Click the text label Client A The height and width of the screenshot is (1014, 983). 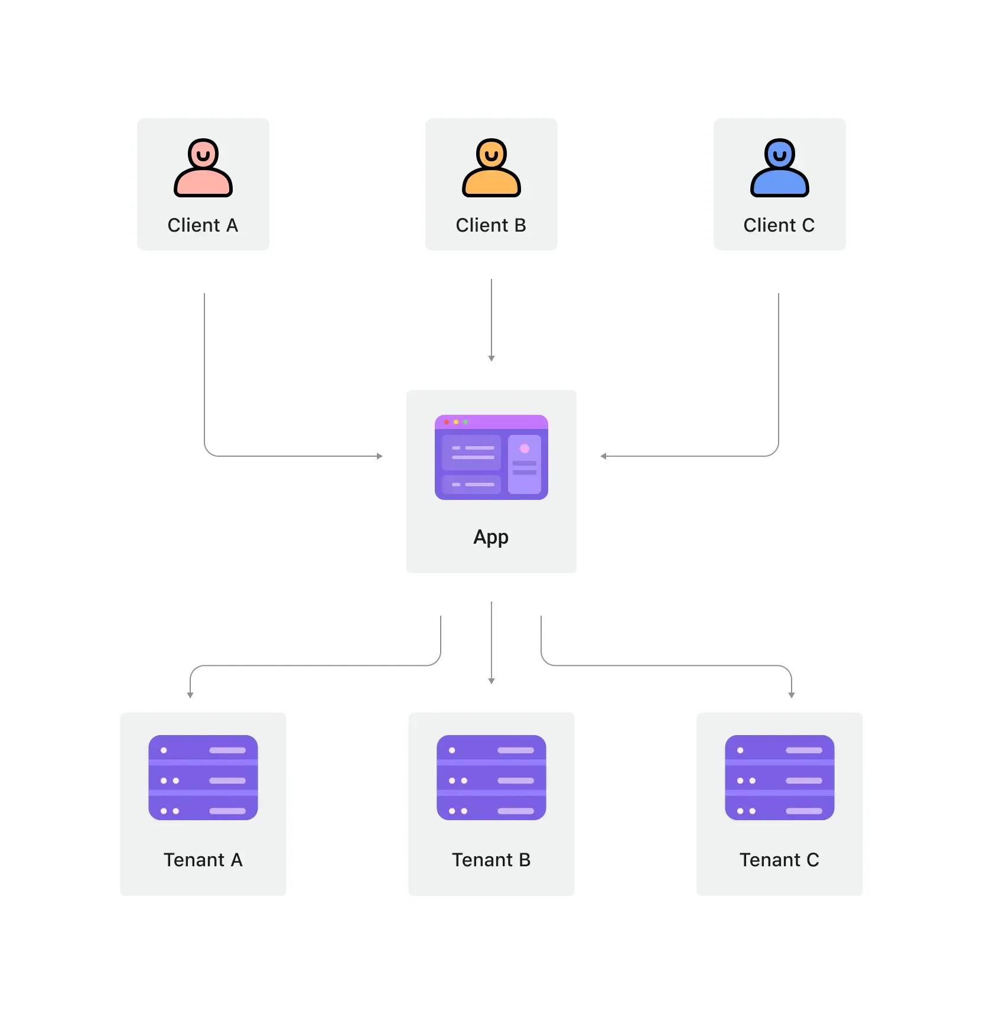coord(203,225)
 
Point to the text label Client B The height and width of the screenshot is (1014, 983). coord(491,225)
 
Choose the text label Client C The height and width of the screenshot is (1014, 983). coord(779,225)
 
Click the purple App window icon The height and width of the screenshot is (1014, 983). coord(491,457)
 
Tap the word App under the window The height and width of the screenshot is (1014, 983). coord(491,537)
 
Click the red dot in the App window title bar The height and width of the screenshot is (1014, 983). coord(447,422)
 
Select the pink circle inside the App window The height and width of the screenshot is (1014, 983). coord(525,448)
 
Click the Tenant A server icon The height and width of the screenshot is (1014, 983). coord(203,778)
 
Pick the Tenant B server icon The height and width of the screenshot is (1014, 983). coord(491,778)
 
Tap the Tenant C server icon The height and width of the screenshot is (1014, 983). coord(780,778)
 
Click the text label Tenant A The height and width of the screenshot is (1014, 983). coord(203,860)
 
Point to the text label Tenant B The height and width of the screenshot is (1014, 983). coord(491,860)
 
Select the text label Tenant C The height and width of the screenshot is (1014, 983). coord(780,860)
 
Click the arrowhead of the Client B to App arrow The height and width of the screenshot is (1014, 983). coord(491,358)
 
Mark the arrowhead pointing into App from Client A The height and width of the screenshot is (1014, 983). coord(380,456)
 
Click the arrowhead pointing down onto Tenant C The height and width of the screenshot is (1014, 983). coord(792,695)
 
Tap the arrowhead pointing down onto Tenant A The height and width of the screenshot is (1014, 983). coord(190,695)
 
